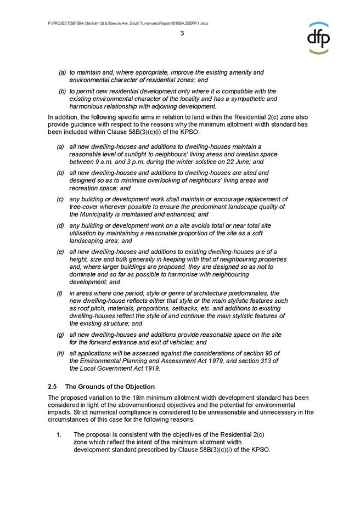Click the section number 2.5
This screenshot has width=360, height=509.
pos(53,387)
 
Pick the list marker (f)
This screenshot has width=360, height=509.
pos(60,293)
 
